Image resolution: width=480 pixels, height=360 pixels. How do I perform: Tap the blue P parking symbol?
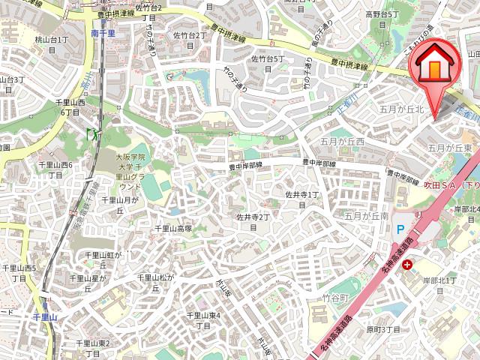tap(400, 229)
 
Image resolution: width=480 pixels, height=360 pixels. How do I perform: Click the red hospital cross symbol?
tap(406, 265)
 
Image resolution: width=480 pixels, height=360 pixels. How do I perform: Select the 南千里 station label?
tap(103, 33)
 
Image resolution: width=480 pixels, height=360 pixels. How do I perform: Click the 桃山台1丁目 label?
tap(52, 43)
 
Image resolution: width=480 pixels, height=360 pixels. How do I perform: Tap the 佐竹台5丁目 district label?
tap(268, 63)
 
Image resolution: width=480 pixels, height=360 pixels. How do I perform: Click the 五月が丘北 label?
tap(402, 109)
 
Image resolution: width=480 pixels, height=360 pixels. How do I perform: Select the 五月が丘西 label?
tap(342, 141)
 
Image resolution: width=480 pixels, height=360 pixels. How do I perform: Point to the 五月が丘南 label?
tap(367, 216)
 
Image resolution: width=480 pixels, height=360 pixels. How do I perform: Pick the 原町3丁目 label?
tap(383, 329)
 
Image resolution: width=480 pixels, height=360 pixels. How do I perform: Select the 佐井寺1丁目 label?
tap(302, 199)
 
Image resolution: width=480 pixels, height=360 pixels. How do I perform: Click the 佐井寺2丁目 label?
tap(253, 221)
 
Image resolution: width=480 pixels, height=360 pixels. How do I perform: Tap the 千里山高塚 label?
tap(173, 229)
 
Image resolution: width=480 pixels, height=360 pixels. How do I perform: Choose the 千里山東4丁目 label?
tap(203, 320)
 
